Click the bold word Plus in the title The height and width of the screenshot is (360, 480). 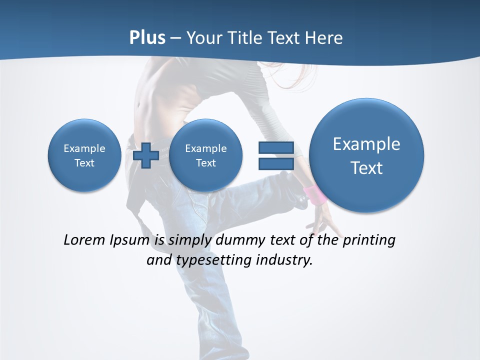(147, 38)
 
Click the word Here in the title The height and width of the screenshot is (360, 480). (324, 38)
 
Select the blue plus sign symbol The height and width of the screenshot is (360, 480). (146, 155)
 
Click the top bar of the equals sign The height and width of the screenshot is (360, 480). (275, 147)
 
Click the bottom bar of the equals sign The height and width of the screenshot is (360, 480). (275, 164)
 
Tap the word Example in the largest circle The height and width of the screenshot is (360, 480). (366, 144)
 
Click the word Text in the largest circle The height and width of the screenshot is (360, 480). (366, 168)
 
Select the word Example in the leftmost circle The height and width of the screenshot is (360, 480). (84, 148)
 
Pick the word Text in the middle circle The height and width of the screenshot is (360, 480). (206, 163)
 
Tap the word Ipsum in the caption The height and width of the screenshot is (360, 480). (130, 240)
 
